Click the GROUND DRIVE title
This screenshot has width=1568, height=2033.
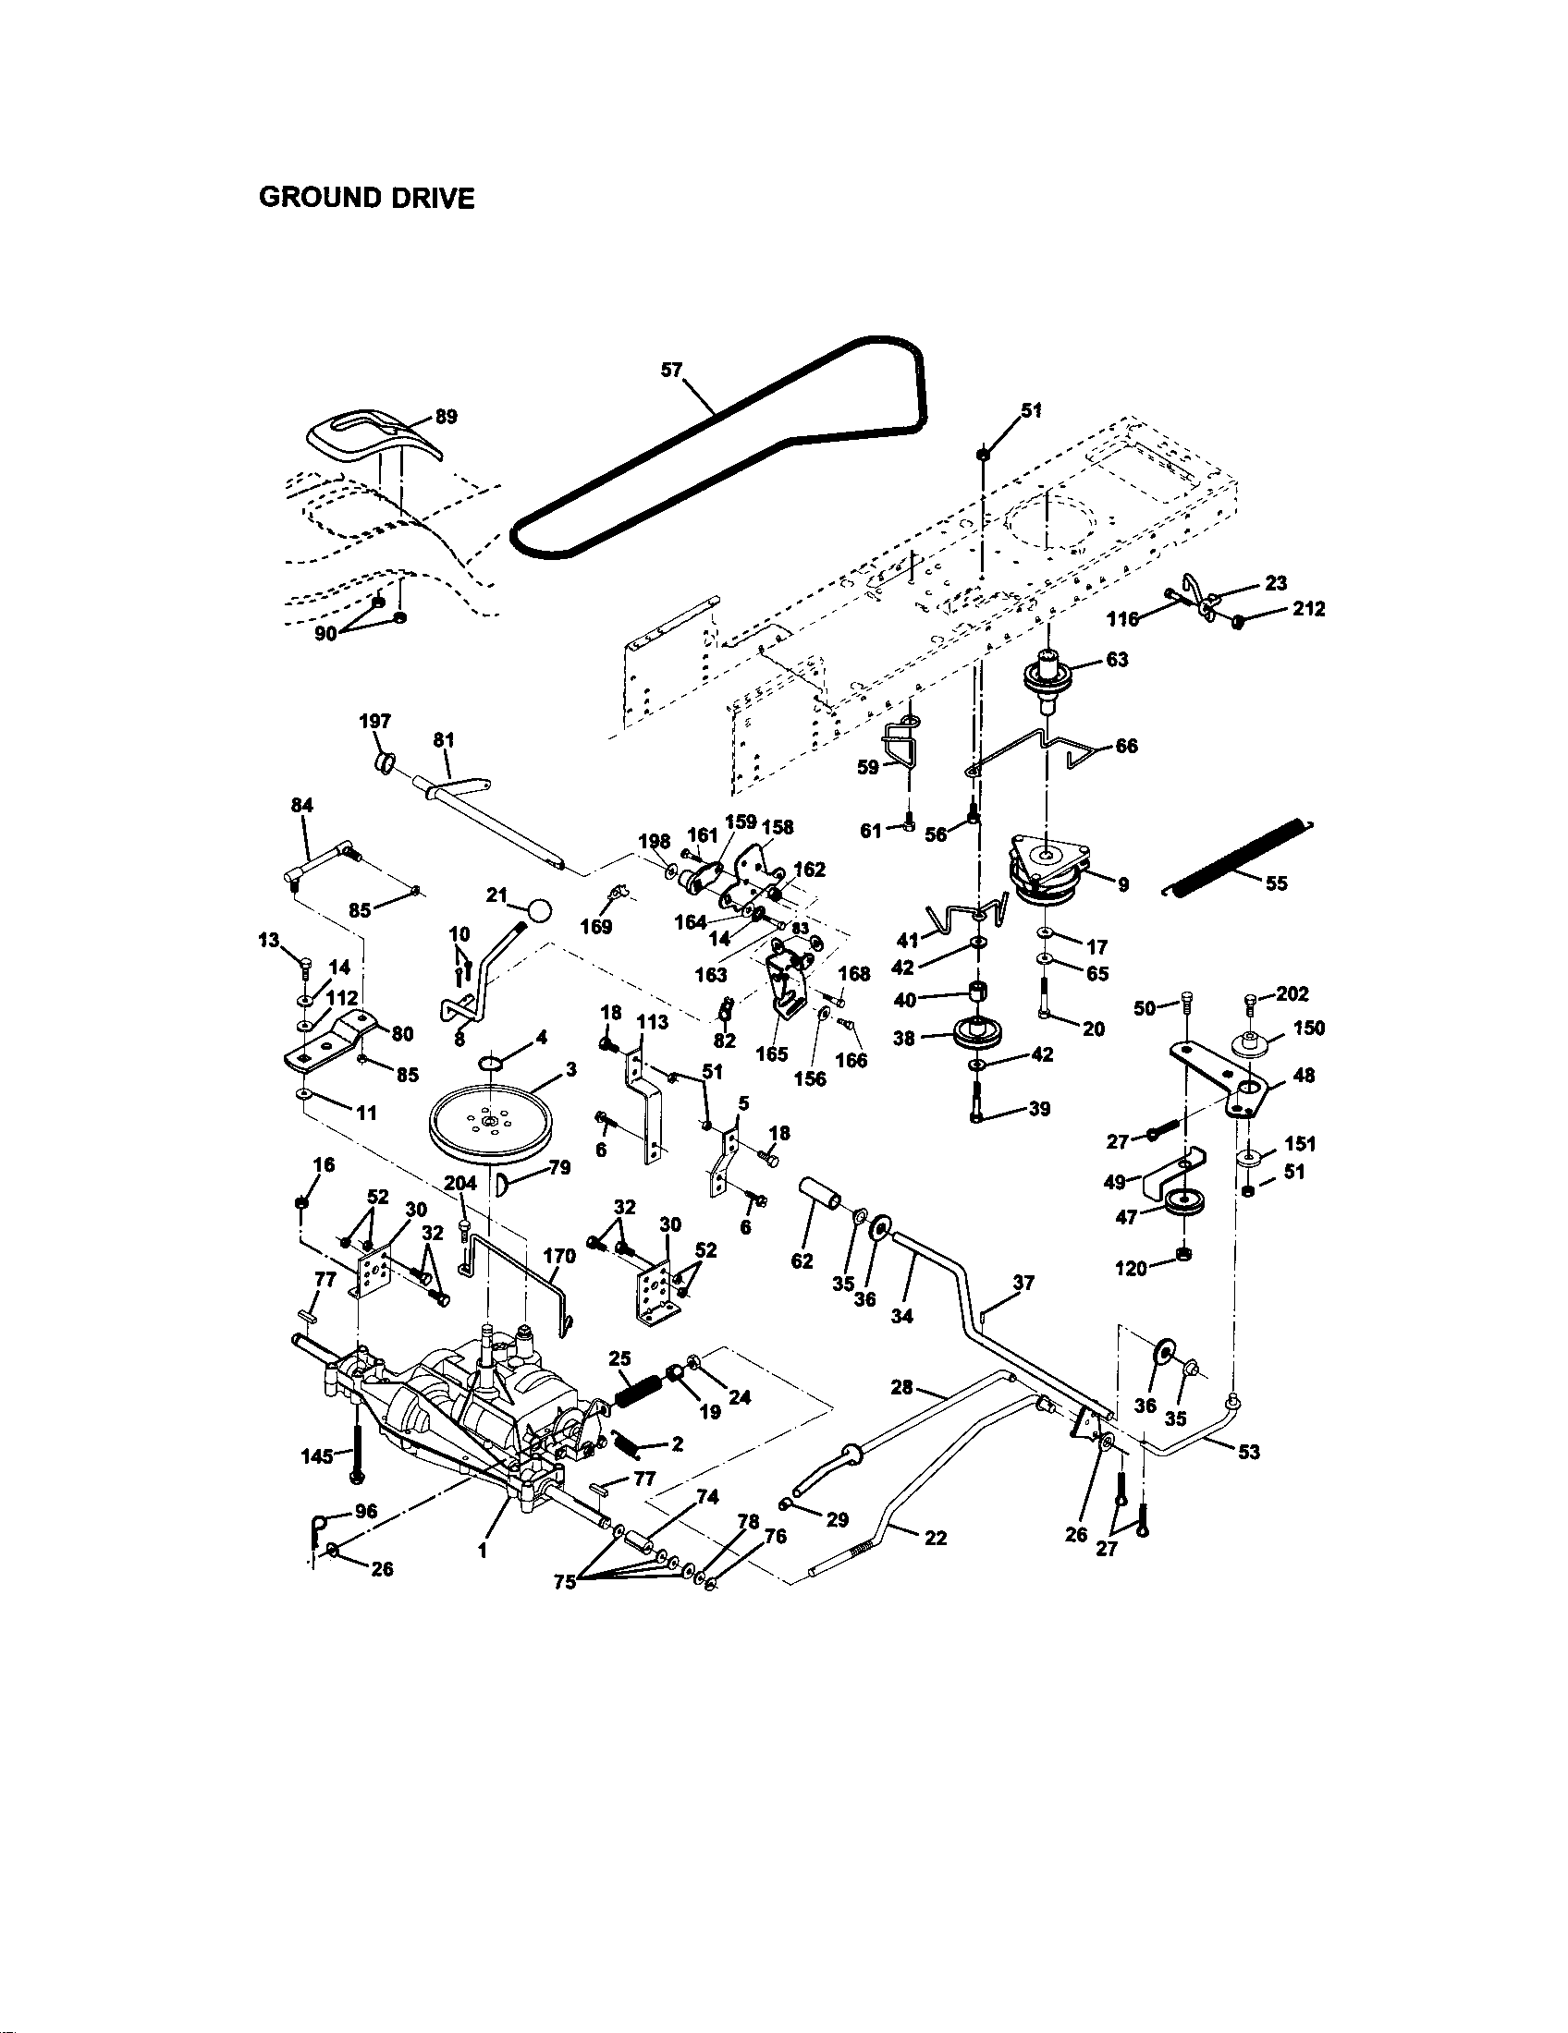(366, 198)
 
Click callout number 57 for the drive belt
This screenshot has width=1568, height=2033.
(671, 370)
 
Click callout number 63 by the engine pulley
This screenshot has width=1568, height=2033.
(1117, 659)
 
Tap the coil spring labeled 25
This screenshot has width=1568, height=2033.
(640, 1396)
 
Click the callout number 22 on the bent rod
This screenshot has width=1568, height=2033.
(936, 1538)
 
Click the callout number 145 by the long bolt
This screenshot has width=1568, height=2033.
(317, 1455)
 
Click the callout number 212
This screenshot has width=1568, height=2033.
(1308, 609)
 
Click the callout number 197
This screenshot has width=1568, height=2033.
(375, 721)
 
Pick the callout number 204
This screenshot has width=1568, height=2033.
(460, 1183)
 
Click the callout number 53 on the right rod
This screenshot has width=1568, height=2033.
(1249, 1451)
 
